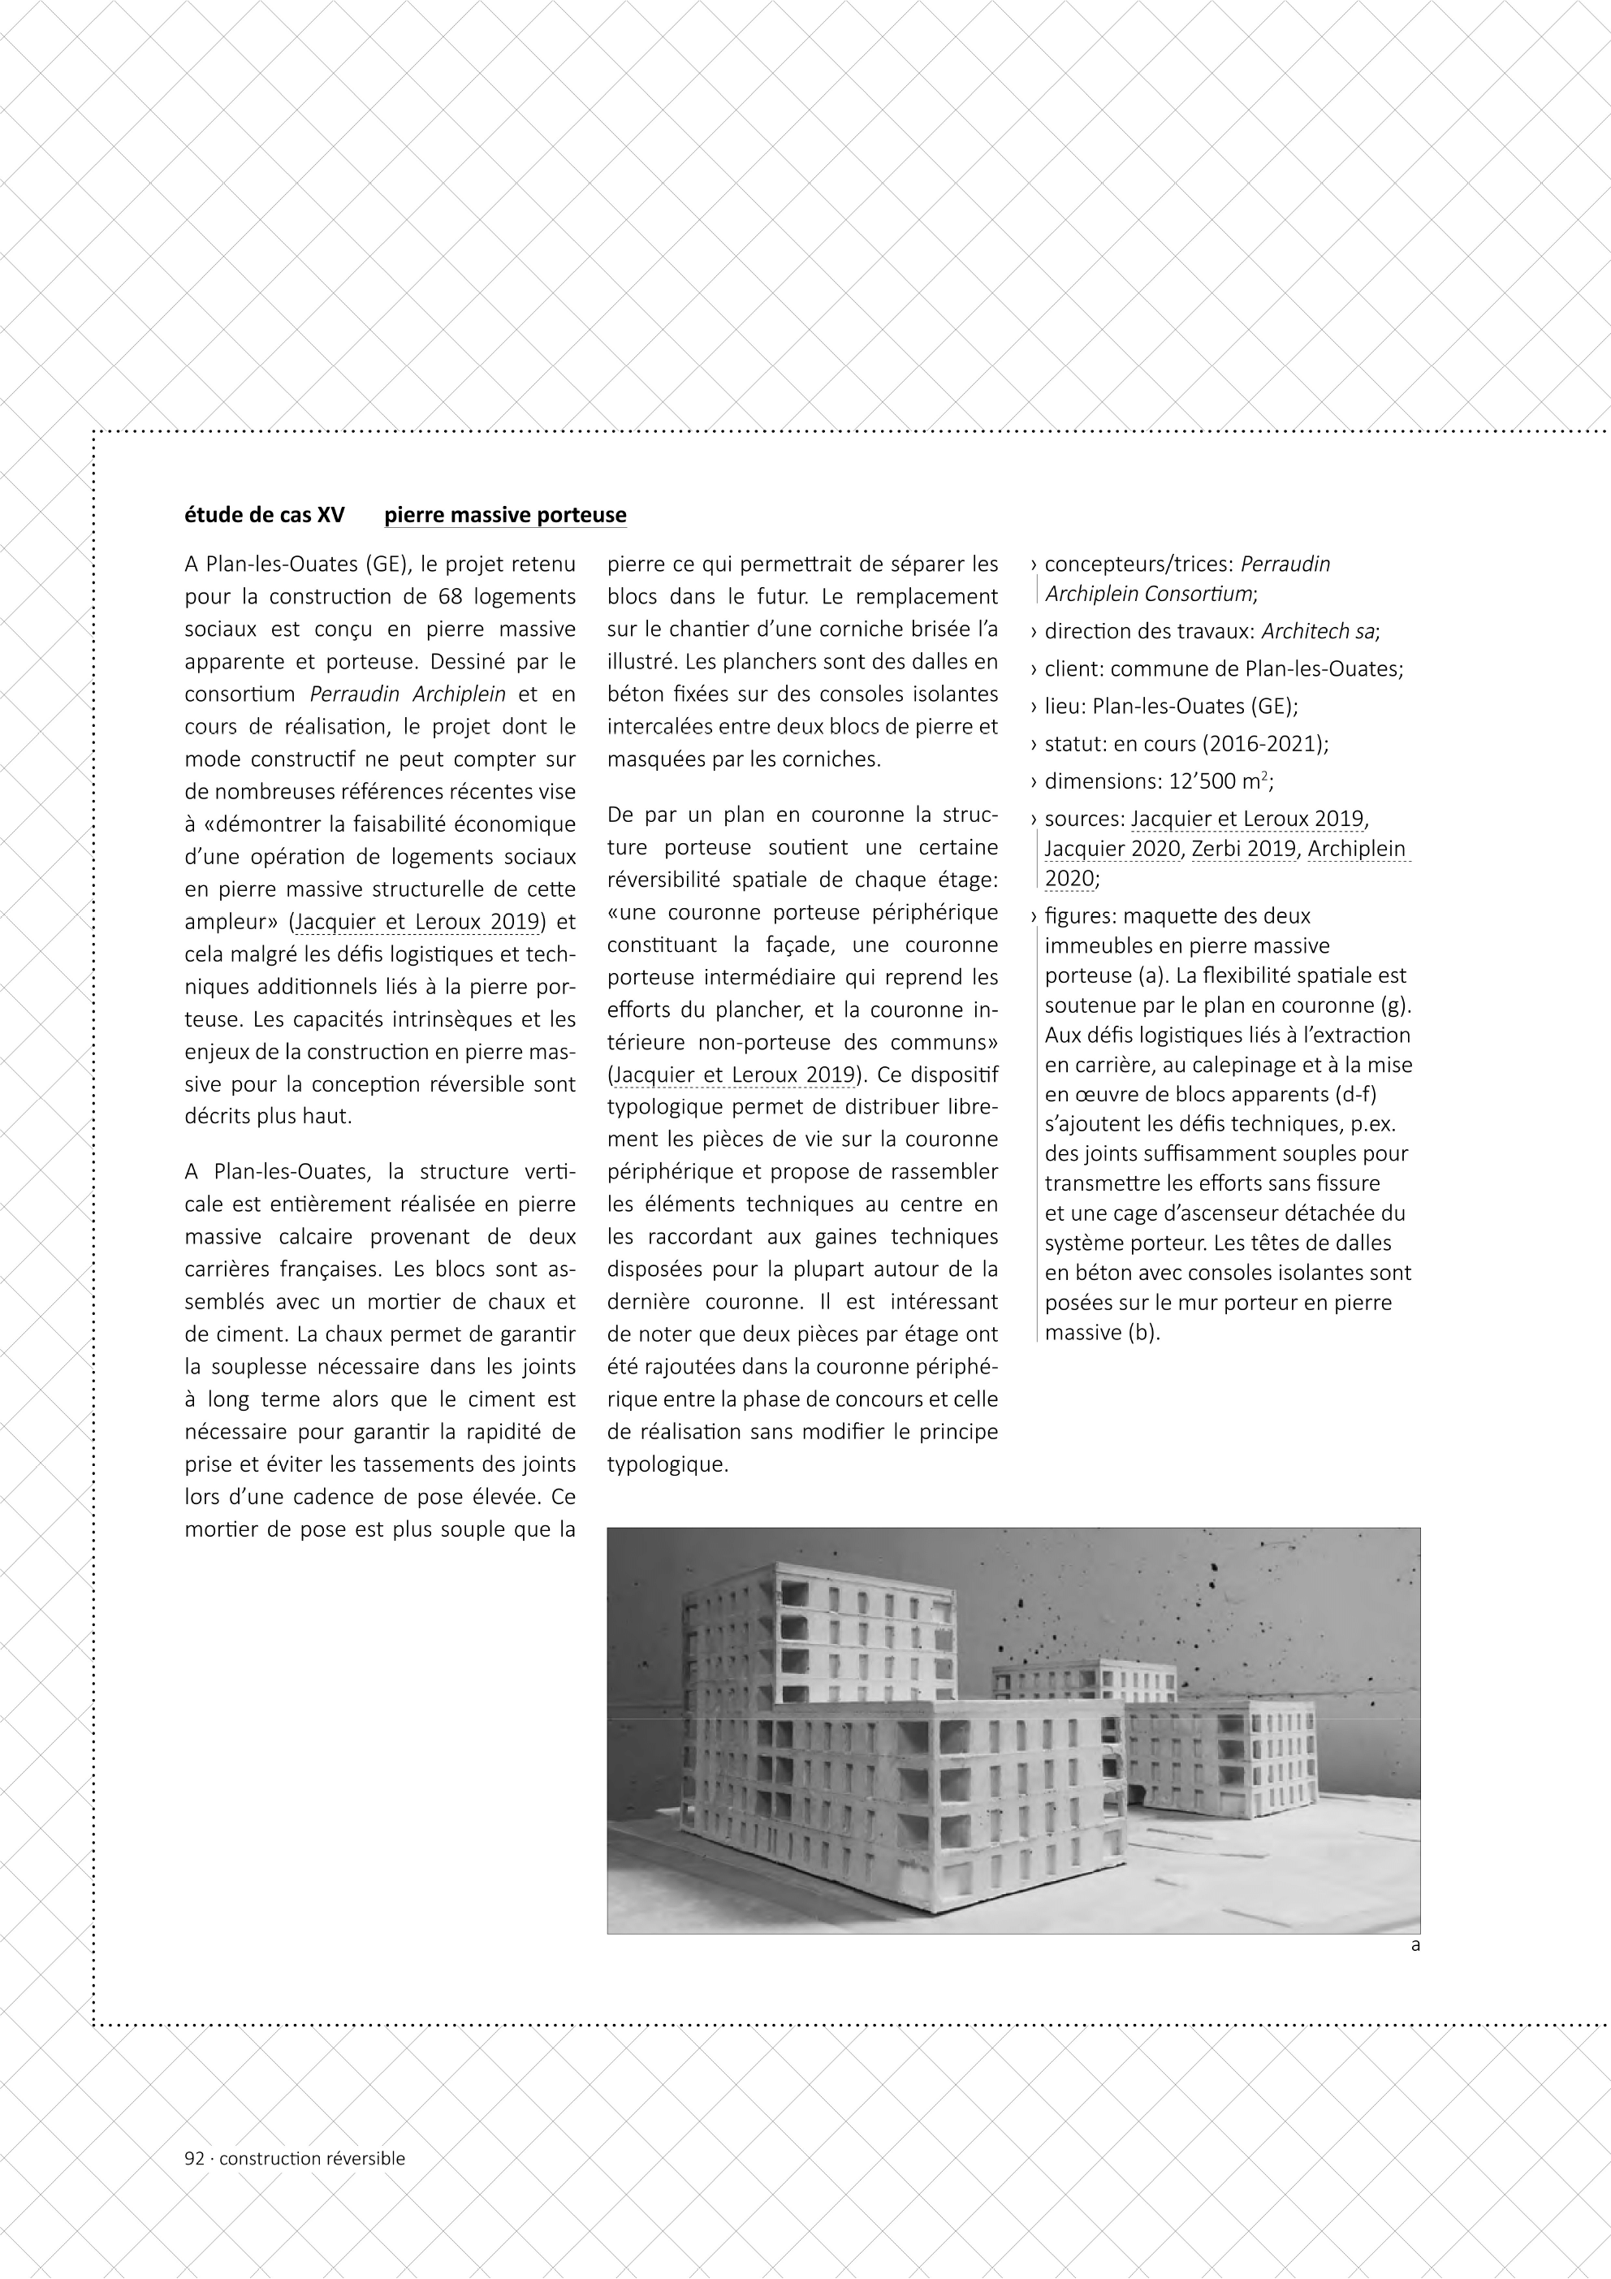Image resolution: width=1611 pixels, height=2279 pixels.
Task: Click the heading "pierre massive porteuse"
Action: tap(505, 515)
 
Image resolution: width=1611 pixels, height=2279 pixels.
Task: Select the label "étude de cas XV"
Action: tap(264, 515)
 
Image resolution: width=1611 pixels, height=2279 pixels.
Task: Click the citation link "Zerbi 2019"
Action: tap(1244, 849)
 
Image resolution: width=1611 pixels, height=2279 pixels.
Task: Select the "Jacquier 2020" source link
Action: tap(1112, 849)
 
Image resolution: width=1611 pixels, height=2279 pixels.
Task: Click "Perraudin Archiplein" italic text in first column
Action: tap(408, 694)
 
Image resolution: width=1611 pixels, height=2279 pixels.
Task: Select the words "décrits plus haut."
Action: tap(268, 1116)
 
